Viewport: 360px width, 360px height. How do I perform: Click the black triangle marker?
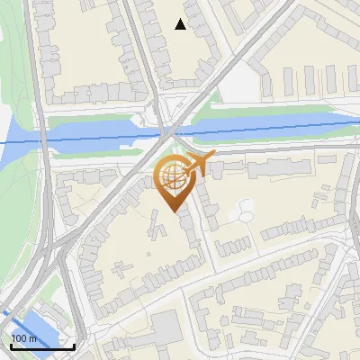pyautogui.click(x=181, y=24)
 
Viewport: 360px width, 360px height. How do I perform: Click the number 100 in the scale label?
pyautogui.click(x=18, y=338)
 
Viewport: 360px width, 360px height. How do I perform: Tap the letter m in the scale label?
pyautogui.click(x=32, y=338)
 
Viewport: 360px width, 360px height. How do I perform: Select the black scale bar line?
pyautogui.click(x=41, y=346)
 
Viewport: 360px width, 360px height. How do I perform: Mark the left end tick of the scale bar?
pyautogui.click(x=10, y=345)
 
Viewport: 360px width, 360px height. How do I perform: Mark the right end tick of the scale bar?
pyautogui.click(x=74, y=345)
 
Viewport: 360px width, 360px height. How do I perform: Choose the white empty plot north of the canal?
pyautogui.click(x=238, y=85)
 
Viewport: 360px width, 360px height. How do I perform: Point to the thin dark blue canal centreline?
pyautogui.click(x=270, y=129)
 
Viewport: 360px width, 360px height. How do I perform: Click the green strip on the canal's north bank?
pyautogui.click(x=270, y=112)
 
